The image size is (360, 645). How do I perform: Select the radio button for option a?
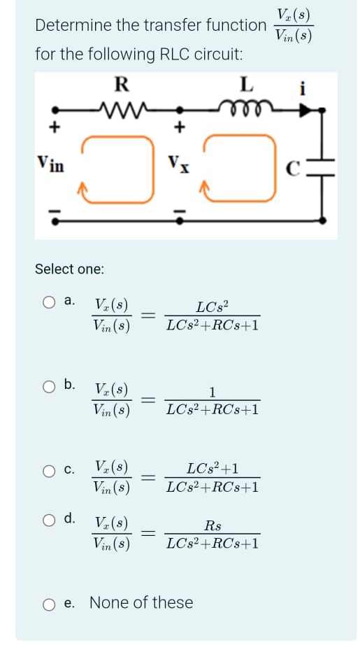click(x=48, y=302)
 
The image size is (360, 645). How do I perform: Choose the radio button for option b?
click(x=48, y=384)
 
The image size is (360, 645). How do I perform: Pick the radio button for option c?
click(x=48, y=469)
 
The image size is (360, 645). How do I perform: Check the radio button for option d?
click(x=48, y=519)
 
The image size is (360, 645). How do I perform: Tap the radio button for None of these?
click(x=48, y=602)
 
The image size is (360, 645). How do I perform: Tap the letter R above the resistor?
click(x=121, y=85)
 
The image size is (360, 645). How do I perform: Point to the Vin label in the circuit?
click(x=50, y=166)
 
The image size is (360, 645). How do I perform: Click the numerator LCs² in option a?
click(x=212, y=306)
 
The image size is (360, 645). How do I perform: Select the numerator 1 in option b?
click(x=213, y=391)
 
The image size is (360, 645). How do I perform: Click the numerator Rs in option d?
click(x=213, y=525)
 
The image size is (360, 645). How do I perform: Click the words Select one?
click(x=69, y=269)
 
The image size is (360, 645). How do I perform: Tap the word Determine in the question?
click(x=71, y=26)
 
